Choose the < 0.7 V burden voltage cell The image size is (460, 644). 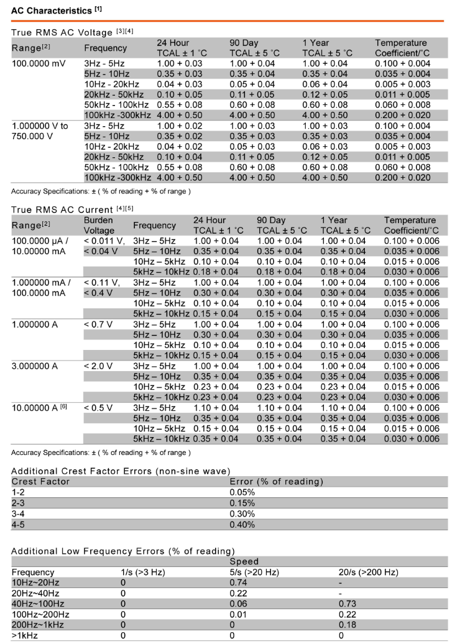(x=98, y=324)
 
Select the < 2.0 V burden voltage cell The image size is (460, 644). (x=98, y=367)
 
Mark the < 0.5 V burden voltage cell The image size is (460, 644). (x=98, y=408)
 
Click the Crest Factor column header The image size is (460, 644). (x=40, y=482)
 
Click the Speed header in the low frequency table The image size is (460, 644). (x=244, y=561)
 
